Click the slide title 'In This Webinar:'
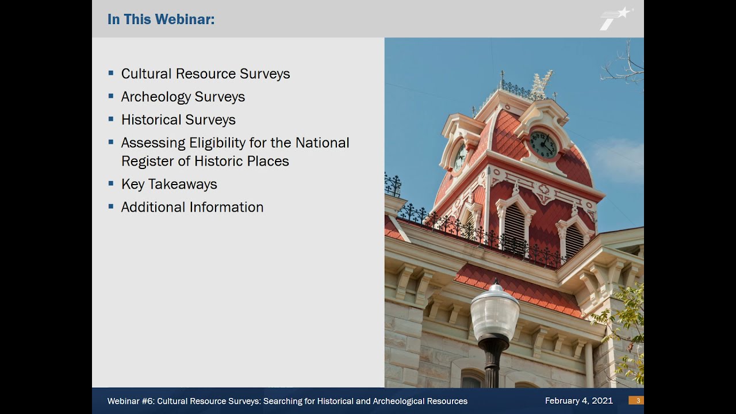161,20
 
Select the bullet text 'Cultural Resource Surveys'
205,74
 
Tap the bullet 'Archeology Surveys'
183,97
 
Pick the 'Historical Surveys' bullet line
178,120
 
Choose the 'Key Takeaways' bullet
169,184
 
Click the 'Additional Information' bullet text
192,207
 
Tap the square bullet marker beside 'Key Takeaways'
111,183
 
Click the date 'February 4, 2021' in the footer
578,401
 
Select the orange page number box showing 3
636,401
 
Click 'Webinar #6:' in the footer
131,401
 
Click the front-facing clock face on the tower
543,144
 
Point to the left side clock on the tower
460,156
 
